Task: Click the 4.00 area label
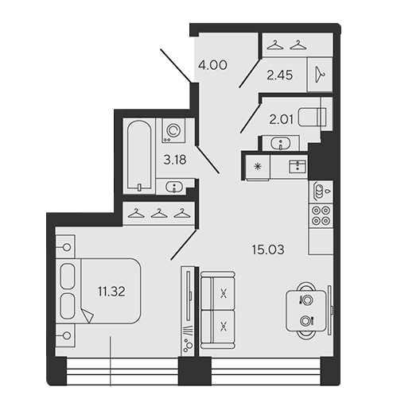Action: (212, 65)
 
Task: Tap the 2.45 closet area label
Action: (280, 75)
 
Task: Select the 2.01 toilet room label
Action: (282, 120)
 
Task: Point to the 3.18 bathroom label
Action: (175, 160)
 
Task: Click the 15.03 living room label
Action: (268, 249)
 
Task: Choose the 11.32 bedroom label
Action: (111, 292)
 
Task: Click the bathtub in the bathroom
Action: (139, 156)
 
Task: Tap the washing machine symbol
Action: (173, 130)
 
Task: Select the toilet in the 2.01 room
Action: (312, 117)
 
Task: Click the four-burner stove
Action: (321, 215)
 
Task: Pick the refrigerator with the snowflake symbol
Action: (258, 167)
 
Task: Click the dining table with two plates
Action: (306, 311)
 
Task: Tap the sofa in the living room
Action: (217, 310)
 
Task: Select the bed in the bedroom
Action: (98, 291)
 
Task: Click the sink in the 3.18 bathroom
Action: (174, 187)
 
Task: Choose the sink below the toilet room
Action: (280, 143)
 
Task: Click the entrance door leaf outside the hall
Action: (176, 66)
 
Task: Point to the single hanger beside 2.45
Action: (320, 75)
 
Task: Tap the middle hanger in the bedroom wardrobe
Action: (159, 213)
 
